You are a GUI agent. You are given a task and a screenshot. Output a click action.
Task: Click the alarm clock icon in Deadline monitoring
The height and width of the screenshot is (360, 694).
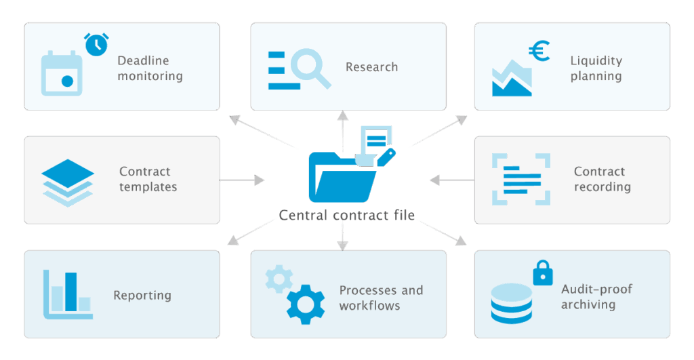96,44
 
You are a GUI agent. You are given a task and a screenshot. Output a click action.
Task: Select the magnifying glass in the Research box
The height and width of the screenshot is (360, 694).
310,68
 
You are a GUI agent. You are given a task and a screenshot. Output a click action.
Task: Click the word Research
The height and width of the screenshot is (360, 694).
372,67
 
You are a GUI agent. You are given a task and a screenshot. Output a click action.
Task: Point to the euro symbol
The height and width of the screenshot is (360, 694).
539,51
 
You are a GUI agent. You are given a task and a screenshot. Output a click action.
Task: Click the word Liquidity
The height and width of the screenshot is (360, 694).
596,60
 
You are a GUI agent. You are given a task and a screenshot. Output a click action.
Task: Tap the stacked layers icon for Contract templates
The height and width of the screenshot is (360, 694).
68,183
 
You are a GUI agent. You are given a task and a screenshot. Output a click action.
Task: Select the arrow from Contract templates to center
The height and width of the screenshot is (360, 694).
242,180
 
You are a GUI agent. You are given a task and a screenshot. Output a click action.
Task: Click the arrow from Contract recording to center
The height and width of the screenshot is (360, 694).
452,180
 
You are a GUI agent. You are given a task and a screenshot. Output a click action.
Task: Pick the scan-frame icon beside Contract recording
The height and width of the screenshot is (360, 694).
521,180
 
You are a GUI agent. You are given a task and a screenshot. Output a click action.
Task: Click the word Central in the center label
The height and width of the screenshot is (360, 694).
304,215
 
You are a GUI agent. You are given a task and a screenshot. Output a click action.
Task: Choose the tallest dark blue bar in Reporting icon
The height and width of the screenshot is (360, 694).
70,292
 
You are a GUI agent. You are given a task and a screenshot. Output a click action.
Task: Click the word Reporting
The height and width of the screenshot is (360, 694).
142,296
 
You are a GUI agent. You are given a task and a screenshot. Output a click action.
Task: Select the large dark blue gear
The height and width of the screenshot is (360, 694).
306,304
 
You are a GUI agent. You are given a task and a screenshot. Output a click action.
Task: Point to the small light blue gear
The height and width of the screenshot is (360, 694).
279,279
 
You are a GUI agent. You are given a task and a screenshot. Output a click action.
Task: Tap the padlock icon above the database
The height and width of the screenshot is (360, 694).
543,273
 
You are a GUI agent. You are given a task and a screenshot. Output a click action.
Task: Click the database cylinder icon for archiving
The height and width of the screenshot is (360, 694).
512,304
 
